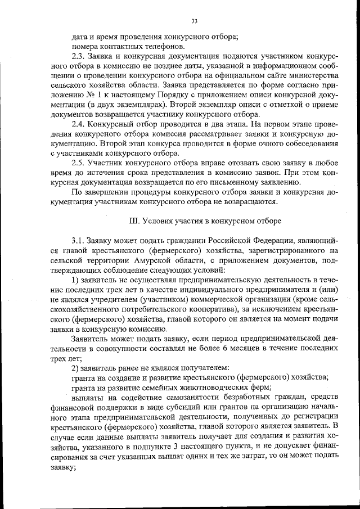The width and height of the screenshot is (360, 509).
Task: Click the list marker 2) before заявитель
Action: pyautogui.click(x=75, y=368)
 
